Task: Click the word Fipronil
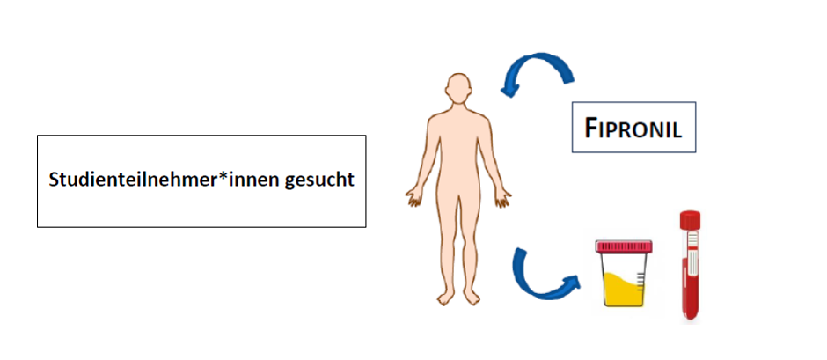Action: (633, 128)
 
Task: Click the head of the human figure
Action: (457, 88)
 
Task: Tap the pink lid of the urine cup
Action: (624, 246)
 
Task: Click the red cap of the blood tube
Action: (690, 218)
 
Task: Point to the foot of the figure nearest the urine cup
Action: (472, 298)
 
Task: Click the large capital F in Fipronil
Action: (593, 128)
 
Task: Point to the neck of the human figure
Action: (457, 107)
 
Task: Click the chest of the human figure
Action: (457, 132)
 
